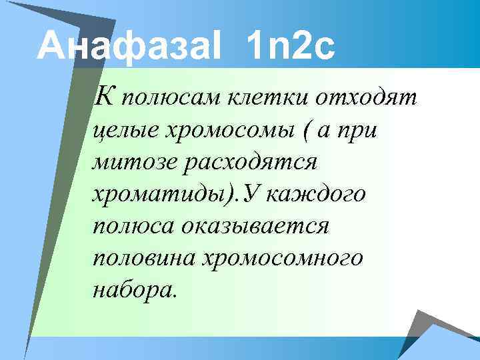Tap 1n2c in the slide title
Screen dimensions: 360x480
(x=290, y=47)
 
